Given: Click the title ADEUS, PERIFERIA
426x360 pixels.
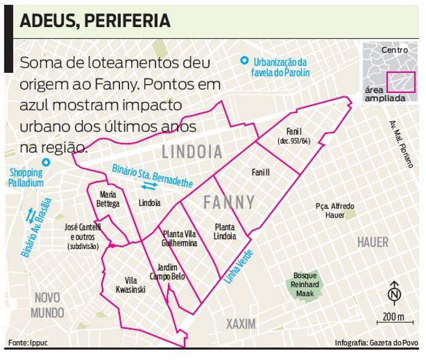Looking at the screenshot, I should [95, 21].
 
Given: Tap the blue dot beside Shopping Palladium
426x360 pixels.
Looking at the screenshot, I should [45, 163].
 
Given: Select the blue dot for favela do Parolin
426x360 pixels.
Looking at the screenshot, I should [243, 61].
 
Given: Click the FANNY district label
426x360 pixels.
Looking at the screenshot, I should [229, 202].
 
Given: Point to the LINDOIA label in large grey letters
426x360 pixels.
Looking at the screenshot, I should [192, 152].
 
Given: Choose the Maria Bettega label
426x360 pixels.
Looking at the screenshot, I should [108, 199].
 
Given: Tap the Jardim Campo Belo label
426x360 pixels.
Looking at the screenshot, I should [167, 272].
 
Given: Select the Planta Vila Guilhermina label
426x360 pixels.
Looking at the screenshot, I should [180, 239].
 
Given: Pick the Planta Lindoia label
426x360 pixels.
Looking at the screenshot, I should [225, 232].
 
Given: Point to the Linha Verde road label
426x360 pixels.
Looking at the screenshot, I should [238, 264].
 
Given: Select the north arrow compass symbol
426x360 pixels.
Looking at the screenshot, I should [393, 294].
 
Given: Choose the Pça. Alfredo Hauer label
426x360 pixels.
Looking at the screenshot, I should [335, 210].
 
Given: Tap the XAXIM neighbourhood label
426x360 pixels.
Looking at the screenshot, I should [241, 323].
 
